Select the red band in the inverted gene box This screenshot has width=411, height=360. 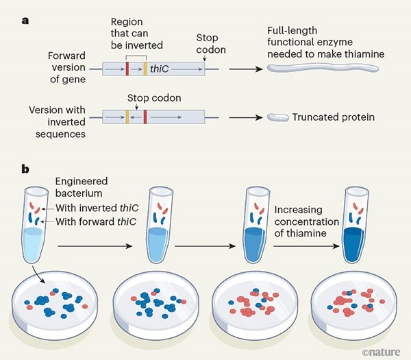pos(145,117)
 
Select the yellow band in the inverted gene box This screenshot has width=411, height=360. pos(127,117)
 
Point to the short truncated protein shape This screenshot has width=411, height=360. pos(277,117)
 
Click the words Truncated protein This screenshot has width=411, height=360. pos(333,117)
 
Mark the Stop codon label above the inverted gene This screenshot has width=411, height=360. pos(154,98)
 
